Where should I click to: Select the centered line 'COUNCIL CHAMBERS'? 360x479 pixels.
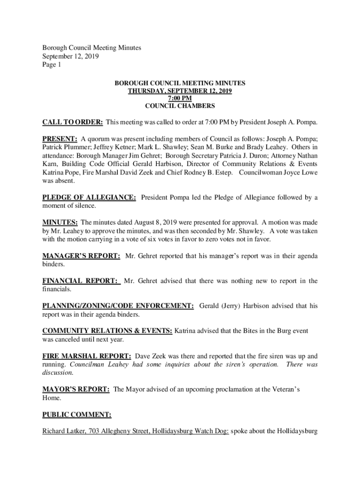point(180,106)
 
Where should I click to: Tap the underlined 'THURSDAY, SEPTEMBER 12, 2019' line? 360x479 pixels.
point(180,91)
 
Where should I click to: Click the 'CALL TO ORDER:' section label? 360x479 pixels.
point(72,123)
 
